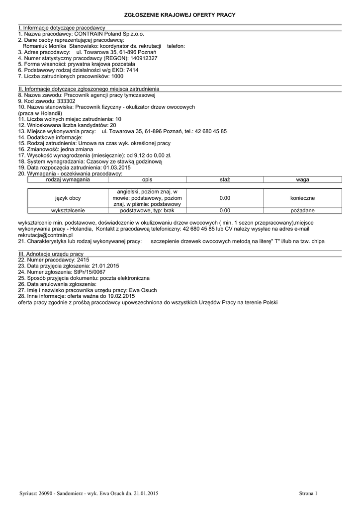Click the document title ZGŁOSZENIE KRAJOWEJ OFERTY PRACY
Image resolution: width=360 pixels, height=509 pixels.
pyautogui.click(x=180, y=15)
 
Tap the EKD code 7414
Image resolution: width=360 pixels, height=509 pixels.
pyautogui.click(x=133, y=71)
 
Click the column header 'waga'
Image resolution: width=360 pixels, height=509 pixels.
pyautogui.click(x=302, y=179)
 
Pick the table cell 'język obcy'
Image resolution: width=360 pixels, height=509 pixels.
pyautogui.click(x=68, y=198)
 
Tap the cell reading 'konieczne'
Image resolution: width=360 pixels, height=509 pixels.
pyautogui.click(x=302, y=198)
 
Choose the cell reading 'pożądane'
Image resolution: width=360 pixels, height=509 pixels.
pyautogui.click(x=302, y=210)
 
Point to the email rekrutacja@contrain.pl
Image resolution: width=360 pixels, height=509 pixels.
pyautogui.click(x=45, y=235)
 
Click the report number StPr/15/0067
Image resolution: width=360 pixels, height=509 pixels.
pyautogui.click(x=89, y=272)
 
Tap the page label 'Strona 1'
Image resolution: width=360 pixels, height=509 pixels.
pyautogui.click(x=308, y=493)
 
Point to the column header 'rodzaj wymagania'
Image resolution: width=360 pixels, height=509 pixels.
pyautogui.click(x=68, y=179)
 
